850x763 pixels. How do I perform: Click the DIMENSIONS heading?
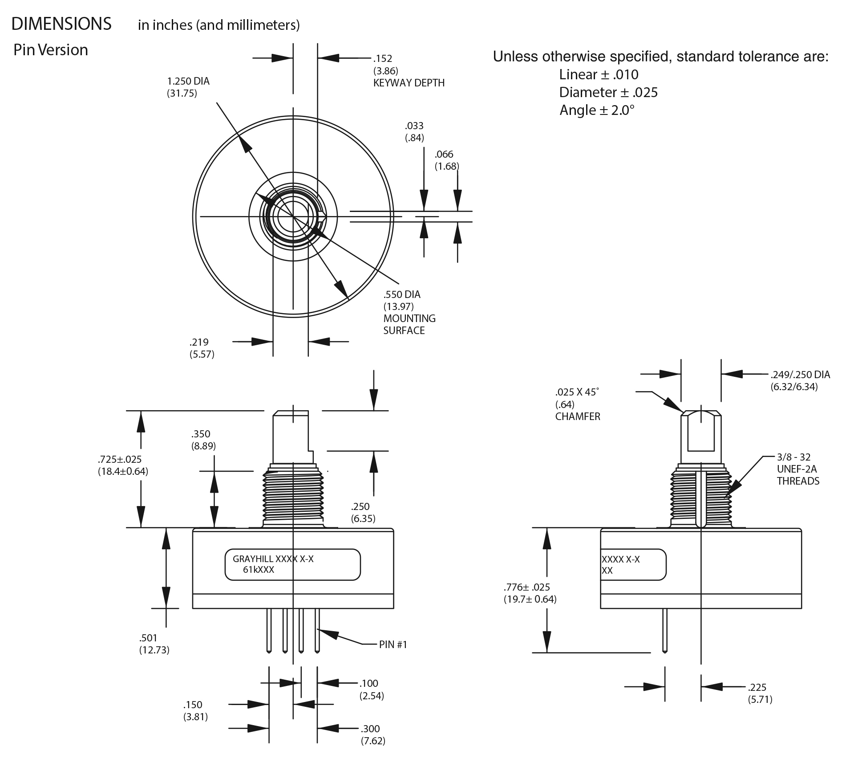tap(61, 24)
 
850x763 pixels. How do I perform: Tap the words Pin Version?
tap(51, 50)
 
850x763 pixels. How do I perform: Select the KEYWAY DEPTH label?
tap(409, 83)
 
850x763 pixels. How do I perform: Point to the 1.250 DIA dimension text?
tap(188, 82)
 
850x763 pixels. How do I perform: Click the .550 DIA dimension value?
tap(401, 294)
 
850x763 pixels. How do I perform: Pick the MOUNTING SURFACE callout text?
tap(409, 324)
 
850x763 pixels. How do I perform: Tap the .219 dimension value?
tap(198, 342)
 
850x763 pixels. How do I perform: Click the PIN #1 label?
tap(393, 645)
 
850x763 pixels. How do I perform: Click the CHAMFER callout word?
tap(577, 416)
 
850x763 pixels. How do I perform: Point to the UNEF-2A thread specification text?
tap(797, 469)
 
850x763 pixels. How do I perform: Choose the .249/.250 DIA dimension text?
tap(800, 375)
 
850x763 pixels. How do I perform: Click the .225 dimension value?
tap(757, 687)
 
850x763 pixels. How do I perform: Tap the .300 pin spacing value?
tap(370, 729)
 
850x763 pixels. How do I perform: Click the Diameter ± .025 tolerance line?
tap(608, 92)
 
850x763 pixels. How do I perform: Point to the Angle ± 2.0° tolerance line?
tap(597, 110)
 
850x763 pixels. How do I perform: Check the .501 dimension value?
tap(148, 638)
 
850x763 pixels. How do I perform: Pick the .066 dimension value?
tap(444, 154)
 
